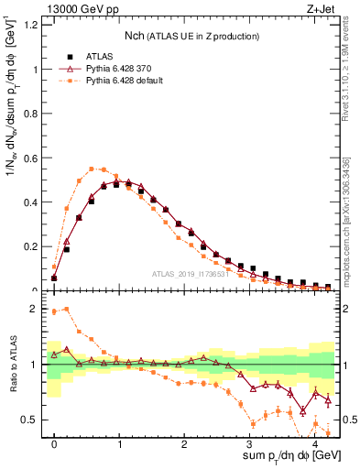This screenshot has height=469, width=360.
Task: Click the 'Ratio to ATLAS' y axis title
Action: (x=12, y=364)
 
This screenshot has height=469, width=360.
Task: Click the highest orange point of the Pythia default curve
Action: (x=92, y=169)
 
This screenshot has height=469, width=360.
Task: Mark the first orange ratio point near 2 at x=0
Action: (x=54, y=312)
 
